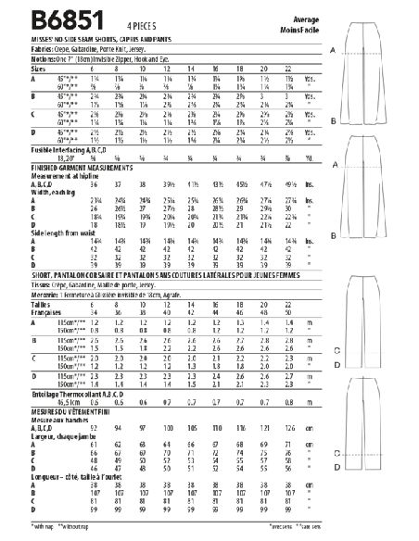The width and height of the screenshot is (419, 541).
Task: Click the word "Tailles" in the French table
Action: coord(18,306)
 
